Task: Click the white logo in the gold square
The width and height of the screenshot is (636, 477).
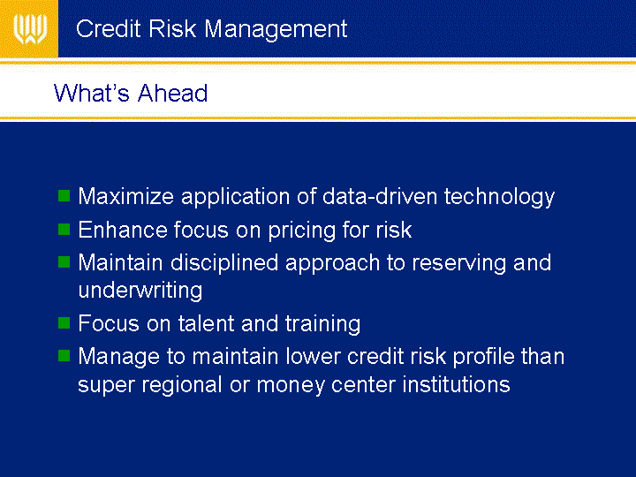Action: (x=30, y=29)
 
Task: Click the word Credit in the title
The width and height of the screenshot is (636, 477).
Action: (x=108, y=29)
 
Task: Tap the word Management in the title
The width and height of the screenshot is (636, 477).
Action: (x=276, y=30)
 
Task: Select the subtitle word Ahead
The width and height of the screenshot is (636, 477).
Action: (x=172, y=93)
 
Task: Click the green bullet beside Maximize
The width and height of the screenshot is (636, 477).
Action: (x=64, y=195)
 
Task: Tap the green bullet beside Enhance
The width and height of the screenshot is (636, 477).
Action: (x=64, y=229)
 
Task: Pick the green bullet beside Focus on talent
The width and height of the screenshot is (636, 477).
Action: (x=64, y=323)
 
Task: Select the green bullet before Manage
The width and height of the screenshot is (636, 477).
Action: (x=64, y=356)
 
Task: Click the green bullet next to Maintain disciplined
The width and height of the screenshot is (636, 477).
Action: (x=64, y=262)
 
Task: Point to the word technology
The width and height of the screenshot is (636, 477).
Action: (x=499, y=198)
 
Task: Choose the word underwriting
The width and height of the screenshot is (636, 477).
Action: (x=140, y=291)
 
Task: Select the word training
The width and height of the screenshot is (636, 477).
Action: (x=322, y=325)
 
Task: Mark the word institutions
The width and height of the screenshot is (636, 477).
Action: (x=456, y=384)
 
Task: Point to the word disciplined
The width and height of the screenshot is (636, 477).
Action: (x=224, y=264)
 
